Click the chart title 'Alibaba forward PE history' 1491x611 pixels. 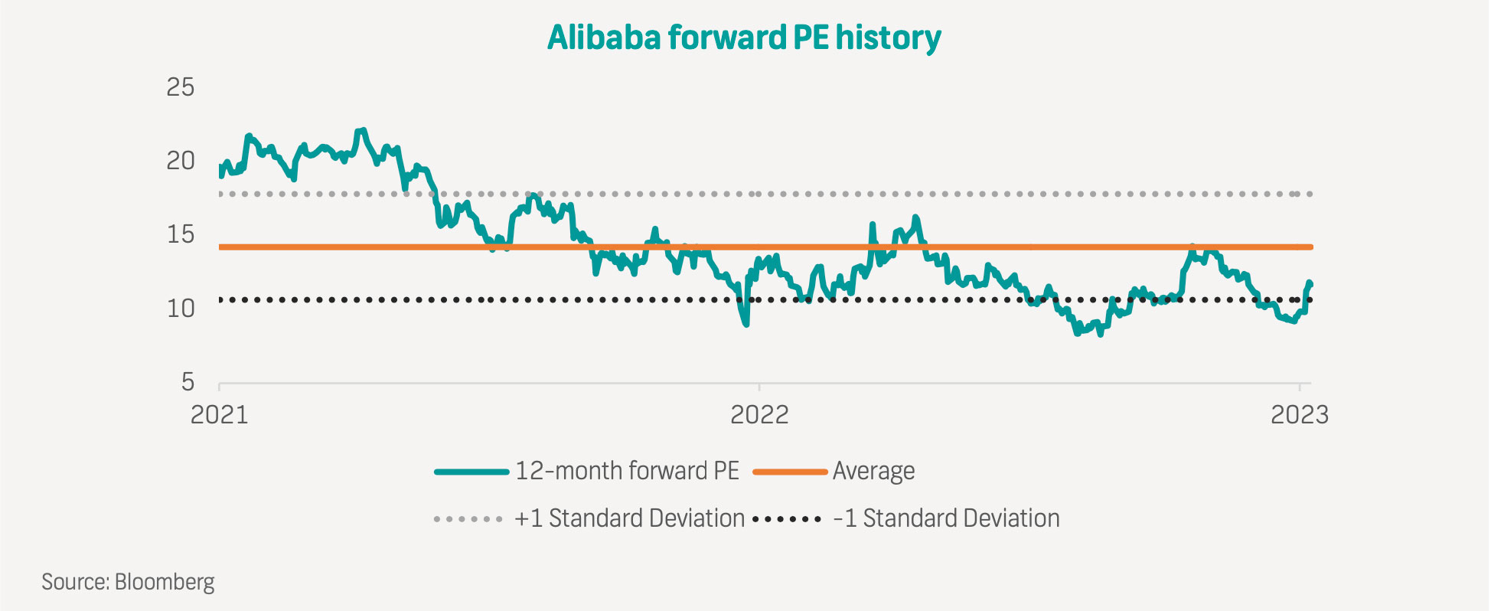[744, 38]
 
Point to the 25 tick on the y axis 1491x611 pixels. [181, 87]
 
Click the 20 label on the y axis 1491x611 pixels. [181, 161]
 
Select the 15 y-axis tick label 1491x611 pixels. [181, 234]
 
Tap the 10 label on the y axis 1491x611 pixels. [181, 309]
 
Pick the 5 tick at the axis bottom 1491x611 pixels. [188, 381]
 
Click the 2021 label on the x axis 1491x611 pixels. [220, 414]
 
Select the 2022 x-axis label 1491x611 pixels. [759, 414]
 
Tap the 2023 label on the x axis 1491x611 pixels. [1300, 414]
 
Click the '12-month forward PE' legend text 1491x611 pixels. [627, 471]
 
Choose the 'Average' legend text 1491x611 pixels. [873, 471]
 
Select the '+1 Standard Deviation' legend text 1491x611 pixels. [629, 518]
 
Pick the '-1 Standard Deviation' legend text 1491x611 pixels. [946, 518]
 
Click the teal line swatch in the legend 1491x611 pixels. [471, 472]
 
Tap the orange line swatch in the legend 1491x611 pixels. [790, 472]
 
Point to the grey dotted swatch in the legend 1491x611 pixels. [468, 519]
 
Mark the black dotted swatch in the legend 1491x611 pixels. [787, 519]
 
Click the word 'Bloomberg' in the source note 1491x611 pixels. [165, 582]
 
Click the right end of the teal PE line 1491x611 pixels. [1310, 283]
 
